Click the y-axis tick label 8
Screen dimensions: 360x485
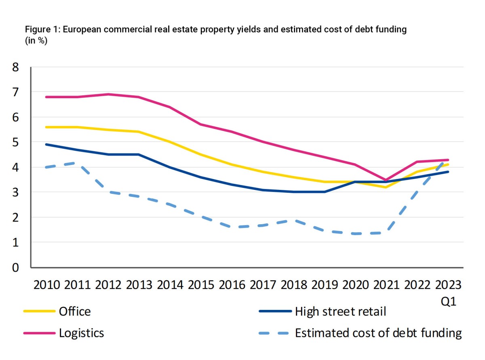tap(16, 67)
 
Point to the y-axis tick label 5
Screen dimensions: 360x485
tap(16, 142)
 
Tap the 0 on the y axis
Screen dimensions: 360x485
tap(16, 267)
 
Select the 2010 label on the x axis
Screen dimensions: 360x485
tap(46, 285)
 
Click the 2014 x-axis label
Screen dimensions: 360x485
tap(170, 285)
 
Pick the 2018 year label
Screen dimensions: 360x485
tap(294, 285)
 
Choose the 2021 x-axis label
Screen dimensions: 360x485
tap(387, 285)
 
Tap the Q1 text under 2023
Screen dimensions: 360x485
tap(449, 302)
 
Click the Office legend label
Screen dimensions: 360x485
tap(75, 312)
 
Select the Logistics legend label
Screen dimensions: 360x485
tap(81, 333)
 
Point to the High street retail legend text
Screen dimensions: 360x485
tap(340, 312)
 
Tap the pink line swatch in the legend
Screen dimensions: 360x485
tap(39, 333)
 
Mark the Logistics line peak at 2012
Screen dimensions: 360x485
tap(108, 94)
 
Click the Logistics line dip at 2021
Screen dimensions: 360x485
tap(387, 180)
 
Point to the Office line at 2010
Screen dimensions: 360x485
tap(46, 127)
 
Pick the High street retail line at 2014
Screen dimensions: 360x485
tap(170, 167)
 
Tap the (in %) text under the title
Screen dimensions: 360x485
tap(36, 41)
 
